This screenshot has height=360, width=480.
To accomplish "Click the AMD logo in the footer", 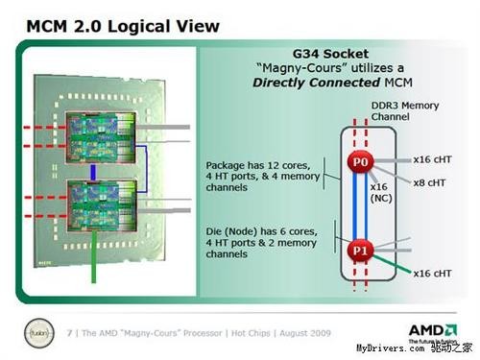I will pyautogui.click(x=434, y=333).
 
